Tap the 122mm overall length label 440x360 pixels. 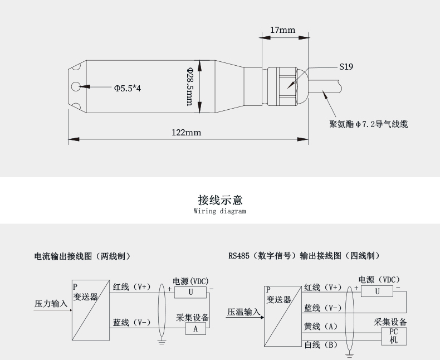(186, 133)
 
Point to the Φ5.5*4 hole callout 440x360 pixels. (128, 88)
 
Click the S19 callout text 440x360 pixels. (346, 67)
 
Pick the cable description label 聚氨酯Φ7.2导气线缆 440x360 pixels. (368, 124)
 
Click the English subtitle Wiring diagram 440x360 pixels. (219, 212)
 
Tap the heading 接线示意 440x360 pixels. (220, 200)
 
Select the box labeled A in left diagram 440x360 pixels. (195, 329)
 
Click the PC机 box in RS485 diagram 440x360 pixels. (393, 335)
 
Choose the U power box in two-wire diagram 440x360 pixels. (190, 292)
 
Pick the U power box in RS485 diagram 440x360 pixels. (377, 290)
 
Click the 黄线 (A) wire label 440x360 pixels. (321, 326)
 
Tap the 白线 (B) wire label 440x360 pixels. (321, 345)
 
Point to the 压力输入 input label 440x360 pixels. (51, 304)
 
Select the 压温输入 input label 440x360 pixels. (243, 312)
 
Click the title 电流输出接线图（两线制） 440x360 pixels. (82, 256)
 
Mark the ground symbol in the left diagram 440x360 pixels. (162, 339)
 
